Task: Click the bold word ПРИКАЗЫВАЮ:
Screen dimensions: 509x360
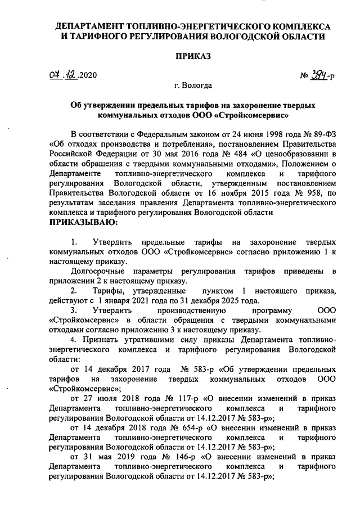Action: (x=84, y=222)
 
